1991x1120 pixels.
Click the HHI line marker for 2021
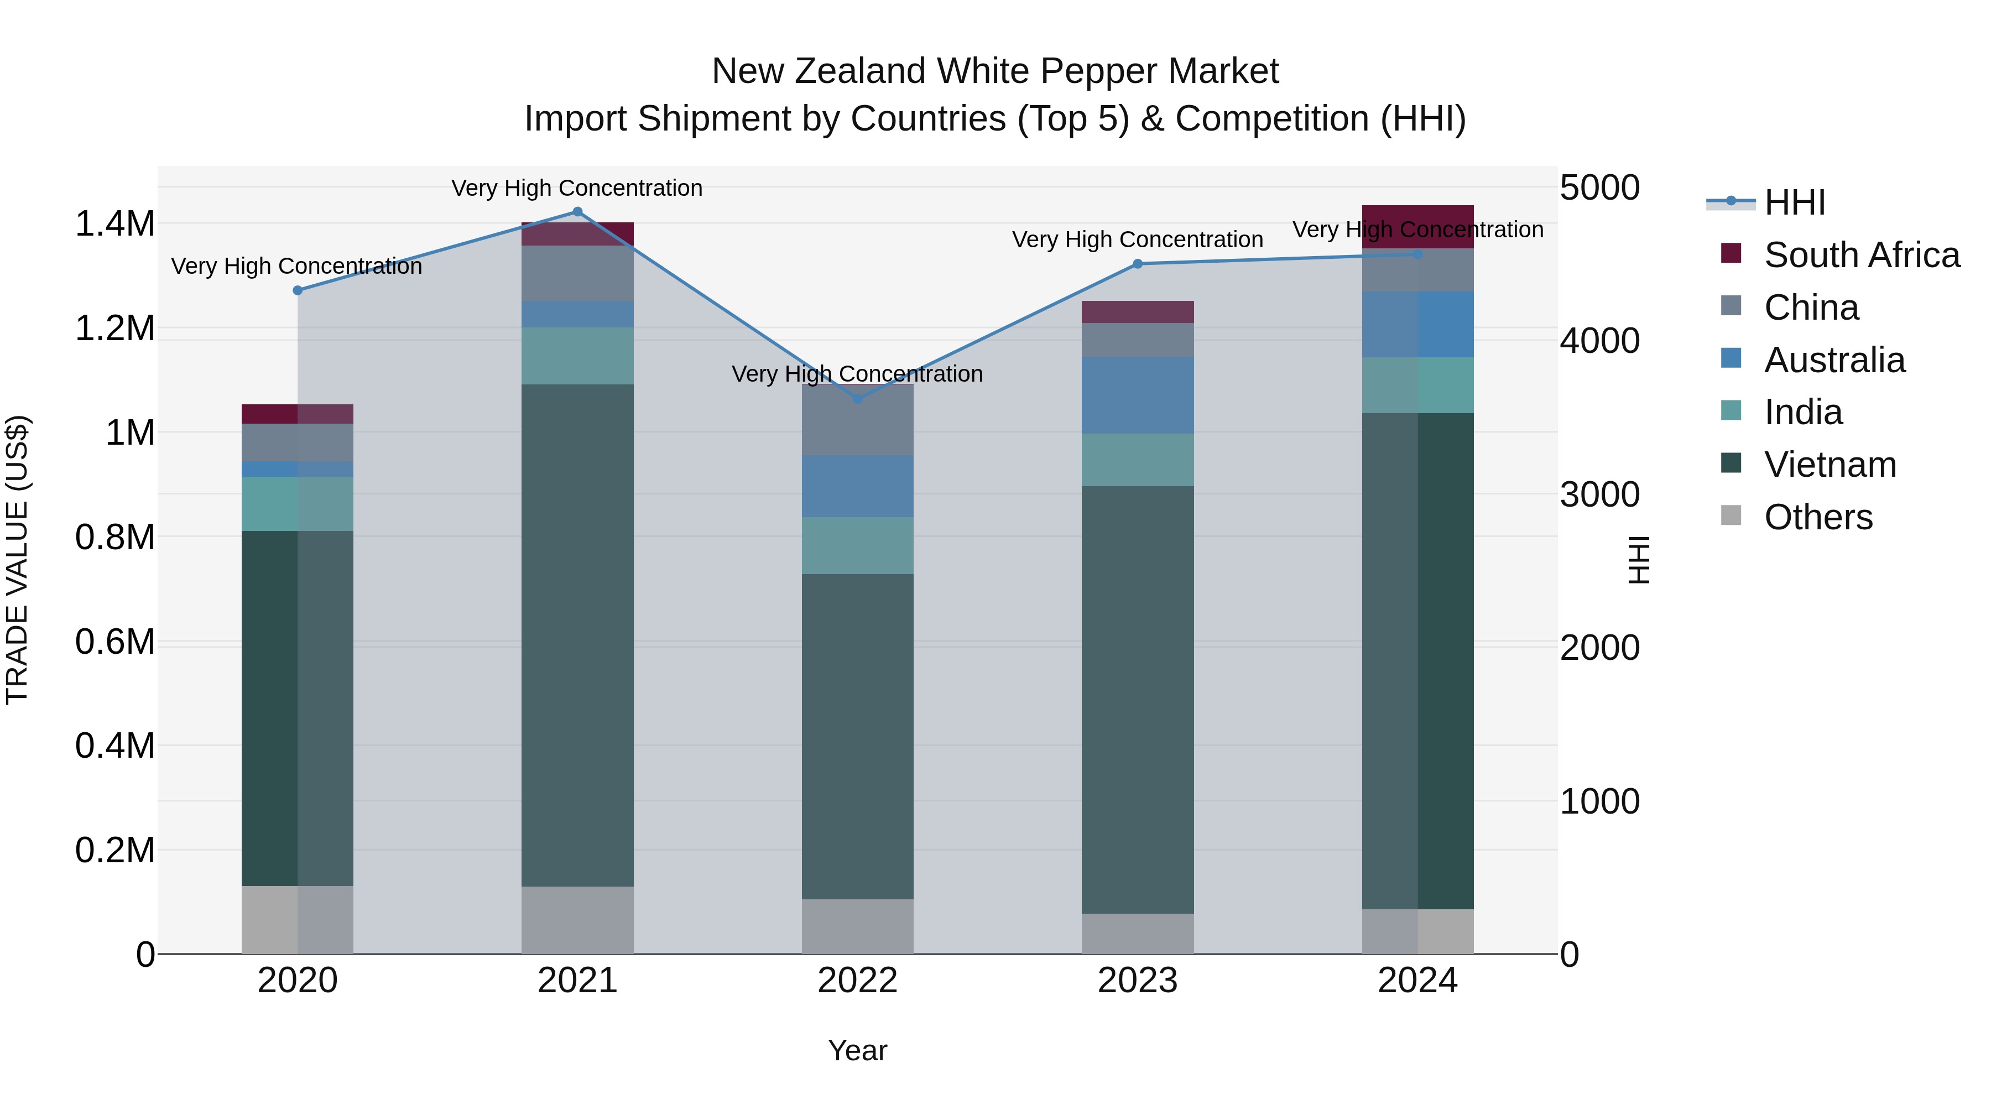pos(577,212)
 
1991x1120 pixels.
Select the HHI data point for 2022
pos(857,399)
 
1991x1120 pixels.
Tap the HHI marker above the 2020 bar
pos(298,290)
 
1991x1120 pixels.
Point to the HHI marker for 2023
pos(1137,264)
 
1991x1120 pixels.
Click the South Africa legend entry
pos(1861,255)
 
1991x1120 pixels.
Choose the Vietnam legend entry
pos(1830,465)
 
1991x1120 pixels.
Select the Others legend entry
pos(1818,517)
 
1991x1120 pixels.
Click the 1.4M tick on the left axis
pos(114,224)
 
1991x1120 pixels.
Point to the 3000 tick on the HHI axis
pos(1599,494)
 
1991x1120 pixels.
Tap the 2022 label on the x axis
pos(857,981)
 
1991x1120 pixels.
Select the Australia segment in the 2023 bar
pos(1137,395)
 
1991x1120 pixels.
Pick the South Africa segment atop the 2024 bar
pos(1417,226)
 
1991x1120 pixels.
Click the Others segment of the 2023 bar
pos(1137,933)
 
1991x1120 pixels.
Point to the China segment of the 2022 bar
pos(857,420)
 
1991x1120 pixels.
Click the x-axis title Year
pos(857,1050)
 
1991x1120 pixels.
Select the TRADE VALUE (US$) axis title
pos(17,560)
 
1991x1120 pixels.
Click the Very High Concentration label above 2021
pos(577,188)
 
